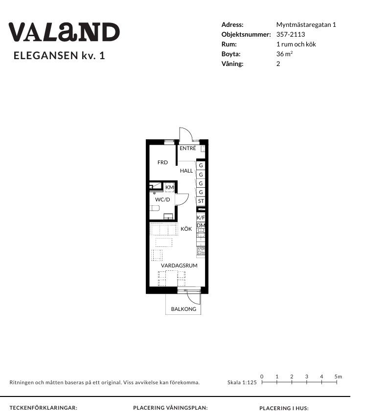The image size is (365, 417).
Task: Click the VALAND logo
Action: [x=64, y=32]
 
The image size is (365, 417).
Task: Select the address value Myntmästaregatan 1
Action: [x=306, y=25]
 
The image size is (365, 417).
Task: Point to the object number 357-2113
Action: [x=291, y=34]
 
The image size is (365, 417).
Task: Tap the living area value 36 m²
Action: [x=285, y=54]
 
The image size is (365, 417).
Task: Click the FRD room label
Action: [x=162, y=162]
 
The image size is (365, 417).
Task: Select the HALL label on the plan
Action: [x=186, y=171]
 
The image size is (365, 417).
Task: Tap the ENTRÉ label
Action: [x=188, y=148]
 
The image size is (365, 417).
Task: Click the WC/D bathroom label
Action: [x=162, y=199]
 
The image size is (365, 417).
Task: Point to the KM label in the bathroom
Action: [x=170, y=187]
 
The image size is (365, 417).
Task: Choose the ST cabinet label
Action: [x=201, y=201]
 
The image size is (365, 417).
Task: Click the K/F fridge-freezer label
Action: [x=201, y=218]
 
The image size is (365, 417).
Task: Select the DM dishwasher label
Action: [x=201, y=225]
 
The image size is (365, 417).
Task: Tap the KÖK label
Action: [x=186, y=229]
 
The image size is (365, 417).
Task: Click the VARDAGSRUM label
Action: [x=179, y=265]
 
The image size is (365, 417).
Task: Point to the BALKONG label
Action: [x=183, y=309]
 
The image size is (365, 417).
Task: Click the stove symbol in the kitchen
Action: [x=201, y=250]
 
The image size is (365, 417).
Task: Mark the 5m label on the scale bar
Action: [x=338, y=376]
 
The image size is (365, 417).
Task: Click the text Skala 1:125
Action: [x=242, y=382]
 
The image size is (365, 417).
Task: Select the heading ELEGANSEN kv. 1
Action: [x=59, y=56]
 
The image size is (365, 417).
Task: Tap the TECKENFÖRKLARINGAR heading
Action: [x=44, y=408]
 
